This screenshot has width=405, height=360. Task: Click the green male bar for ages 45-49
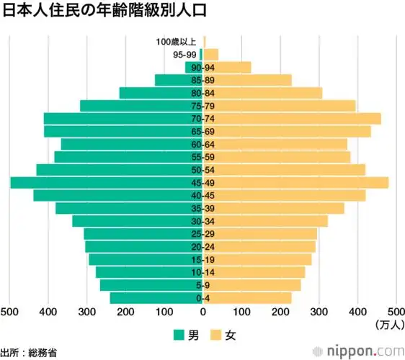coord(101,183)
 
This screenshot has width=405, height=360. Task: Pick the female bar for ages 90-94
coord(231,68)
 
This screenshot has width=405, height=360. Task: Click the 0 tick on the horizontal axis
coord(204,312)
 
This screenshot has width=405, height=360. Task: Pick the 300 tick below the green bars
coord(86,312)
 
